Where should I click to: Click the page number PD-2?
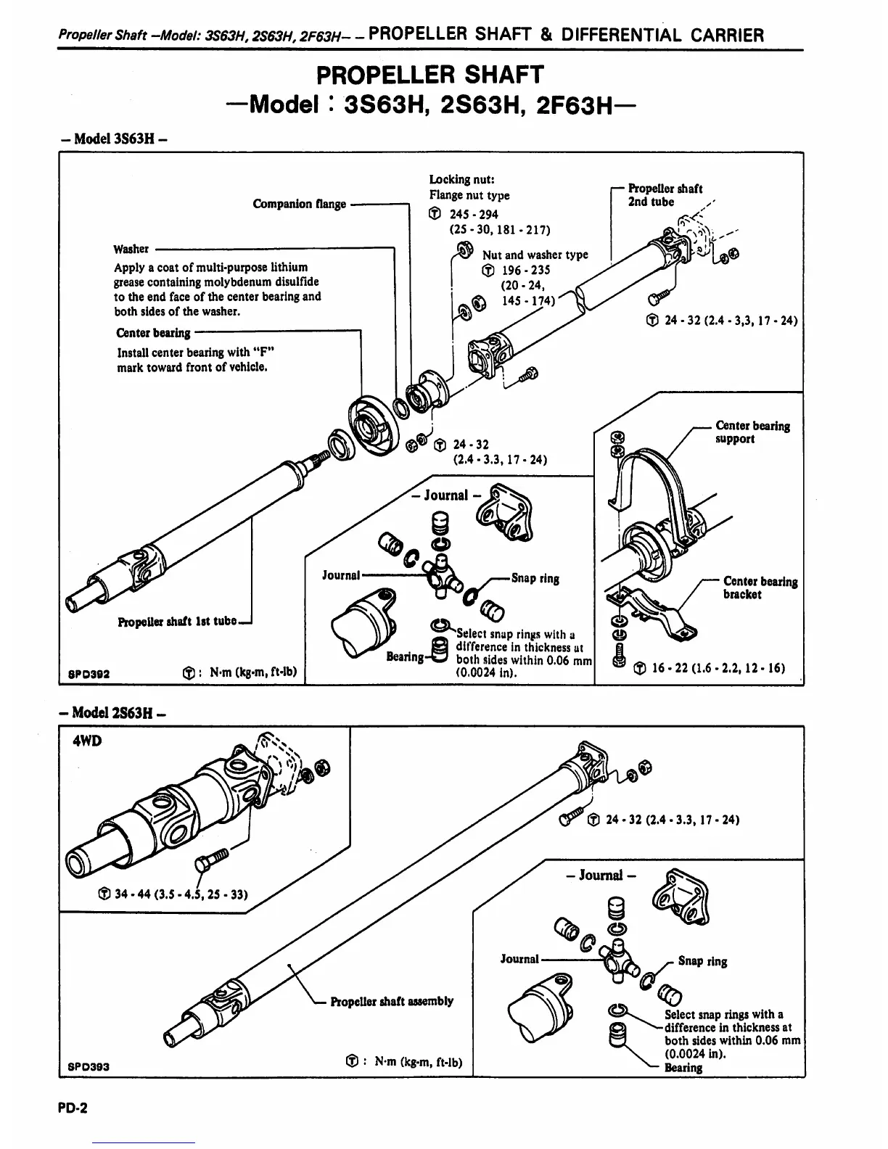[73, 1108]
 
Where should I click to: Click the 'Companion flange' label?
[299, 204]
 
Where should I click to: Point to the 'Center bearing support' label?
[752, 432]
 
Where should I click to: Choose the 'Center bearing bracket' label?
[759, 588]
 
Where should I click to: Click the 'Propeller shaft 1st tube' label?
[177, 622]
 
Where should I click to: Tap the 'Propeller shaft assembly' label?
[392, 1001]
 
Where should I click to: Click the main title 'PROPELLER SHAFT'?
[429, 75]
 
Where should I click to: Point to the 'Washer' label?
[131, 249]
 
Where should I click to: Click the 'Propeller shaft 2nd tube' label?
[664, 195]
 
